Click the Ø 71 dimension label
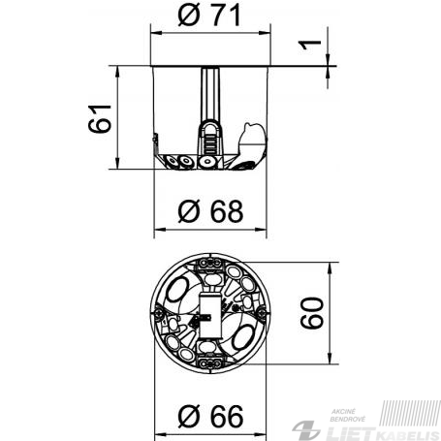click(209, 16)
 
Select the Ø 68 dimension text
click(210, 211)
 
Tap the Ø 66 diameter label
click(210, 416)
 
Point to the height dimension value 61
click(100, 118)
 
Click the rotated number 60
click(312, 313)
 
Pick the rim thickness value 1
click(309, 45)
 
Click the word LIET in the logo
click(350, 432)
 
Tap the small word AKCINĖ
click(344, 412)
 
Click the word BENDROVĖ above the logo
click(348, 420)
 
